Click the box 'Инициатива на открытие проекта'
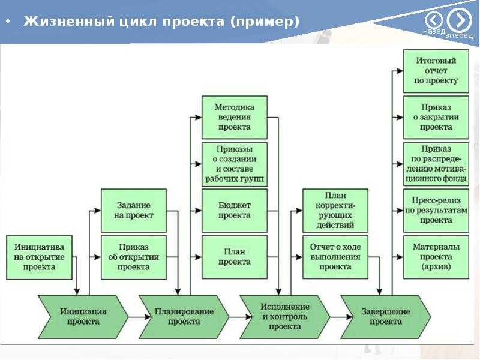[39, 257]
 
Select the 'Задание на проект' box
[134, 211]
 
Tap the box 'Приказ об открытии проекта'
[134, 257]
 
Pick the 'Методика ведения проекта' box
[235, 117]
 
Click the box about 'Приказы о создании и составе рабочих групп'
[235, 164]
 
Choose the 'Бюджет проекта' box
[235, 211]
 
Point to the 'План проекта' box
[235, 257]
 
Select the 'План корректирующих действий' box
[335, 211]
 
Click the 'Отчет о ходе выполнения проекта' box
[335, 257]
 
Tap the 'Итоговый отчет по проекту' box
[436, 71]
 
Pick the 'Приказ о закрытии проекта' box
[436, 117]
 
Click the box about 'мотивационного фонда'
[436, 164]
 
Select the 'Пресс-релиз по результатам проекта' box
[436, 211]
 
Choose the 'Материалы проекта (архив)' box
[436, 257]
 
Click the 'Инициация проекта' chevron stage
[83, 316]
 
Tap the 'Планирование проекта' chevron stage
[184, 316]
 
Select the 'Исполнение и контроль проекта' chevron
[285, 316]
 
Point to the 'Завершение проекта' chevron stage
[386, 316]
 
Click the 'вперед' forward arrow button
[459, 21]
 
